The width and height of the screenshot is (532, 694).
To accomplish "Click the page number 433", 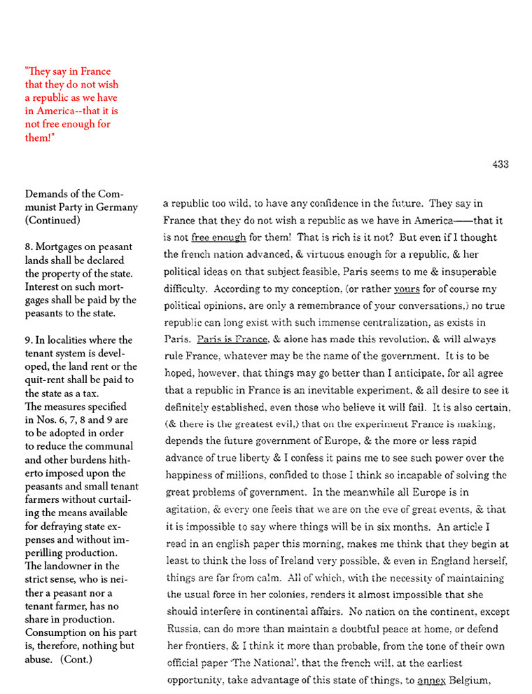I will (x=500, y=165).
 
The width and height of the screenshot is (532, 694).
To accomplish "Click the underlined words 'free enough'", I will (x=218, y=237).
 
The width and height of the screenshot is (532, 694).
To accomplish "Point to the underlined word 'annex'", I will (x=431, y=679).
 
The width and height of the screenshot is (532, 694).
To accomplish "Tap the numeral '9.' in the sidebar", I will (x=29, y=340).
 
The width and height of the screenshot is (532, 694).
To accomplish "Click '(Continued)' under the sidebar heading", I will (x=52, y=220).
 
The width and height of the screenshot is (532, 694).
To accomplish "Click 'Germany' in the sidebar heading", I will (x=118, y=207).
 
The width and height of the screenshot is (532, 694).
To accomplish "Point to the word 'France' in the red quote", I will (x=95, y=71).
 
